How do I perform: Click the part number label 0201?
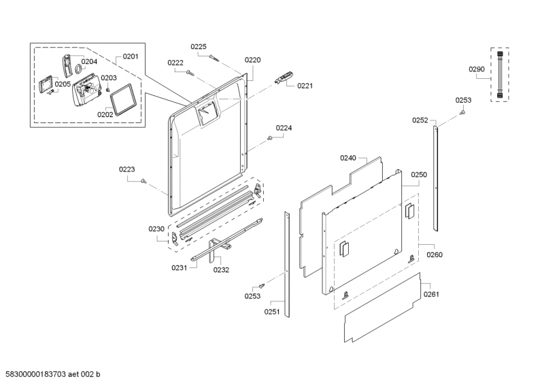click(131, 56)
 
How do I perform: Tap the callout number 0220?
click(252, 60)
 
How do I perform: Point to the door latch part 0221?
click(284, 78)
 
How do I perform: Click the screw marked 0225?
click(214, 58)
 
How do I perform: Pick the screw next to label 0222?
click(190, 72)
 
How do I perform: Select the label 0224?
click(284, 128)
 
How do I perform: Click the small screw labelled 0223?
click(143, 181)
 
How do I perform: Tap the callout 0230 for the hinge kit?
click(156, 229)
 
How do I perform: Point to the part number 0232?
click(222, 270)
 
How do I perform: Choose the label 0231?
click(180, 267)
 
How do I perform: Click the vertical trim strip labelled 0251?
click(287, 265)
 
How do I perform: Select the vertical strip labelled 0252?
click(435, 179)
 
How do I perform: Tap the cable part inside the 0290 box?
click(500, 75)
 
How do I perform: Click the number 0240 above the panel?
click(348, 158)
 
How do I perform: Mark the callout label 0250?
click(419, 175)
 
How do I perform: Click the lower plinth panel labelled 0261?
click(383, 307)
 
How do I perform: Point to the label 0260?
click(435, 255)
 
